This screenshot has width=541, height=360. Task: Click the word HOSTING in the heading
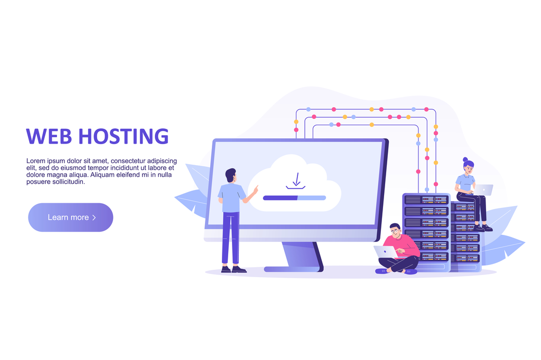[x=123, y=136]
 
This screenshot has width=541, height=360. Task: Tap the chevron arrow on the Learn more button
[x=94, y=217]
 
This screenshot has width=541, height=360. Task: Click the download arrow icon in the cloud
[x=296, y=181]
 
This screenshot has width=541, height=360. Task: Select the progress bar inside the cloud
[x=294, y=198]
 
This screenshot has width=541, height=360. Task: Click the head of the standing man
[x=230, y=175]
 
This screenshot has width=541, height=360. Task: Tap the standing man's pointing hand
[x=255, y=188]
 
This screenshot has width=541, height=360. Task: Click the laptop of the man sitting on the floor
[x=385, y=252]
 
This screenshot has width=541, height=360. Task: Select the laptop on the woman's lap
[x=483, y=190]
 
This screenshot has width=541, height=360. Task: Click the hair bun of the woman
[x=465, y=159]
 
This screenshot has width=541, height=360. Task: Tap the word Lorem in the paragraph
[x=35, y=161]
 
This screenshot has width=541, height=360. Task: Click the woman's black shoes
[x=483, y=228]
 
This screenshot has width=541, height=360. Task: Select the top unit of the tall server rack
[x=425, y=200]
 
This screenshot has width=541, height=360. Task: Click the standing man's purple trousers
[x=230, y=238]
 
